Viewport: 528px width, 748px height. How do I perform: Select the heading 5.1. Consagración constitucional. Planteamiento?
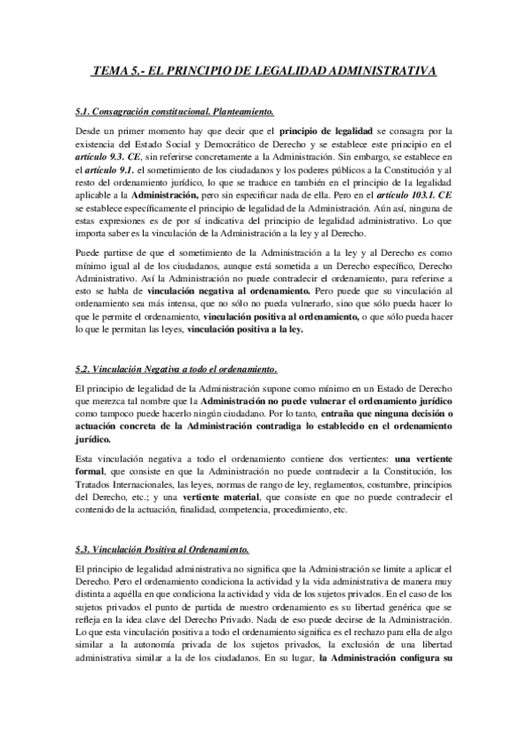tap(175, 112)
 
